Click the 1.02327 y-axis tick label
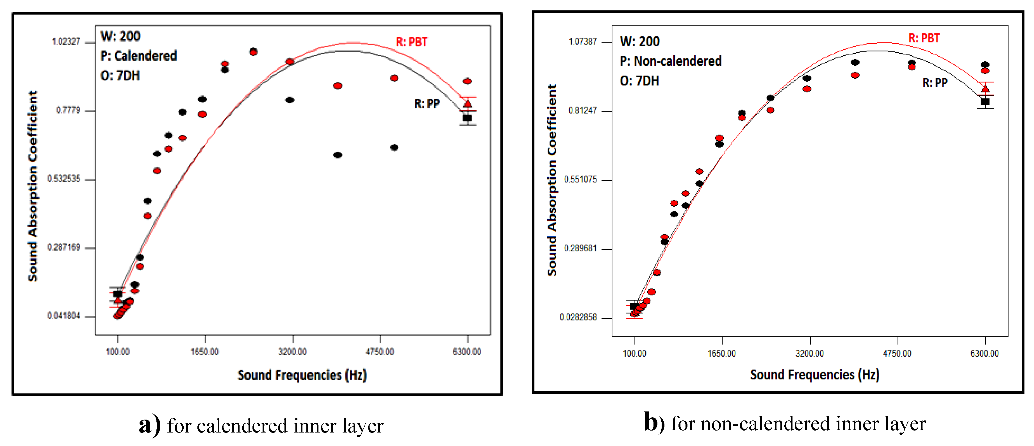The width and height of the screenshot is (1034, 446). click(x=66, y=42)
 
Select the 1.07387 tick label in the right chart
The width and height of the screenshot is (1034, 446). click(x=583, y=42)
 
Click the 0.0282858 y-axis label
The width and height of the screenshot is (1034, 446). click(x=579, y=318)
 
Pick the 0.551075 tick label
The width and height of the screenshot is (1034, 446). click(x=580, y=179)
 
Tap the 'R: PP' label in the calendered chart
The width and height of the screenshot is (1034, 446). click(x=427, y=104)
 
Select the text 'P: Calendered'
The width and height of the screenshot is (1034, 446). click(x=138, y=56)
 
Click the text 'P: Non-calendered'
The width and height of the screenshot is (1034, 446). click(x=670, y=61)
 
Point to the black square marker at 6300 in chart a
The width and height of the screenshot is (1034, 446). click(x=468, y=118)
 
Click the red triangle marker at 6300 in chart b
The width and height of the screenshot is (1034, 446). click(x=985, y=89)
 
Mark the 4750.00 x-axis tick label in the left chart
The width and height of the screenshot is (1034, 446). click(x=380, y=352)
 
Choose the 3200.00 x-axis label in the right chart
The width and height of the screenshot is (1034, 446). click(x=810, y=353)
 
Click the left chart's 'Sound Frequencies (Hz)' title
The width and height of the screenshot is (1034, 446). click(x=302, y=375)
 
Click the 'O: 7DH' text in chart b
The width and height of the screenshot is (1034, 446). click(x=639, y=81)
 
